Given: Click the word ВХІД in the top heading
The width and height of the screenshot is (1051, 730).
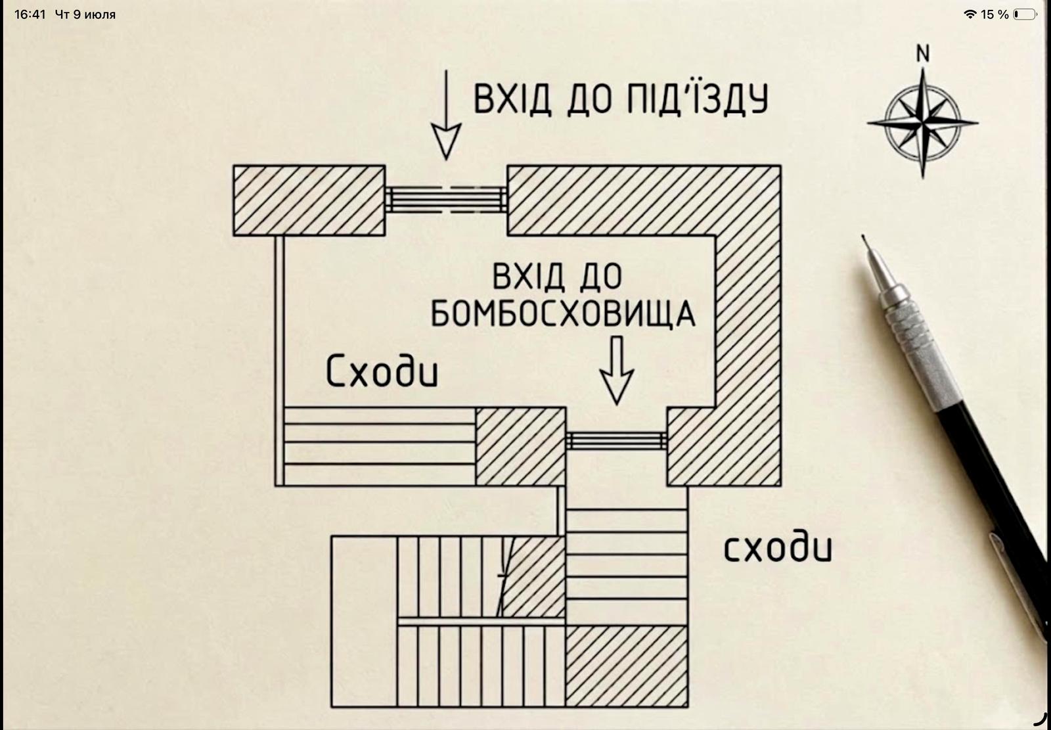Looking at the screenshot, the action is coord(512,99).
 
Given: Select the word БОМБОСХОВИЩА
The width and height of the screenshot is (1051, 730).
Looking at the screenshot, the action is coord(563,314).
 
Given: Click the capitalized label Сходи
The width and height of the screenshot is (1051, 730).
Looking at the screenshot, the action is coord(382,371).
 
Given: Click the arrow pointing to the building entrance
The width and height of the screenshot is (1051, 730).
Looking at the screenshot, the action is coord(446,115).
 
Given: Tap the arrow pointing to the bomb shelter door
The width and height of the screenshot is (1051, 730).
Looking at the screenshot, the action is coord(617,370).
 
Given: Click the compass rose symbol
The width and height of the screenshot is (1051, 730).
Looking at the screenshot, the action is coord(922,123).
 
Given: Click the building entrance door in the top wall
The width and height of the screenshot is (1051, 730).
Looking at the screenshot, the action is coord(446,200).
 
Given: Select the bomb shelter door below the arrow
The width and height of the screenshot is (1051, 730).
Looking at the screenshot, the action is coord(617,440).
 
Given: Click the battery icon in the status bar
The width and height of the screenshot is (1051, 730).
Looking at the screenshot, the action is coord(1025,14).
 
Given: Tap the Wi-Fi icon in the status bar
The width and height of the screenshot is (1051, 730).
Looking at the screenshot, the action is coord(970,14).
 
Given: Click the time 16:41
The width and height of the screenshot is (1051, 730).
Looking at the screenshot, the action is coord(30,14).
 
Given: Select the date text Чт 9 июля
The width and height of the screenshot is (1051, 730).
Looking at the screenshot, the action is coord(85,14).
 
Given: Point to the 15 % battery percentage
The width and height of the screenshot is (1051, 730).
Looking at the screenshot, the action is coord(995,14).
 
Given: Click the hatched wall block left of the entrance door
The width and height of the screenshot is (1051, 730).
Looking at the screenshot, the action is coord(309,200).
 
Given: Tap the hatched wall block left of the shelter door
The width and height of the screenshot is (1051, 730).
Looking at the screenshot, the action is coord(520,446).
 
